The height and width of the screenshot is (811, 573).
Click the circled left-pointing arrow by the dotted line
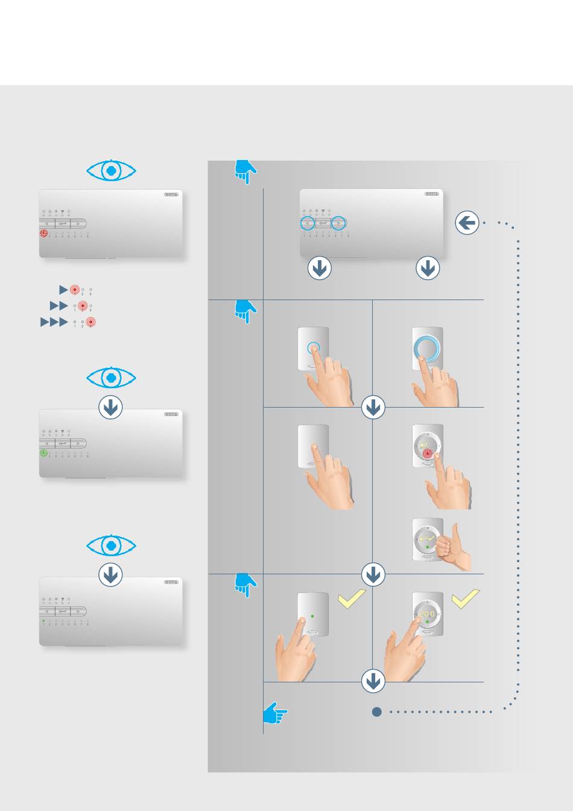(x=467, y=223)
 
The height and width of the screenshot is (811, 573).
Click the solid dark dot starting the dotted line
(x=377, y=712)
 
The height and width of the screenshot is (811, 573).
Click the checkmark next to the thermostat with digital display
(x=465, y=598)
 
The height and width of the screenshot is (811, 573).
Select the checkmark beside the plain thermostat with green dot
(x=352, y=598)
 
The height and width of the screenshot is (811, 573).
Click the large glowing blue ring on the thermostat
(x=427, y=349)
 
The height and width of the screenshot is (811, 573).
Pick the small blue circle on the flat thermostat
(x=313, y=348)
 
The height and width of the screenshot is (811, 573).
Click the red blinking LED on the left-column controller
(x=43, y=233)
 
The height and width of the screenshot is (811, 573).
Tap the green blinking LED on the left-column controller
(x=43, y=453)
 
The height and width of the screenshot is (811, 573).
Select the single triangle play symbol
(x=63, y=290)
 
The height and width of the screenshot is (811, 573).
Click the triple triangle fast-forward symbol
(x=54, y=322)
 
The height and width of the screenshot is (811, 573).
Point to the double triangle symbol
(x=59, y=306)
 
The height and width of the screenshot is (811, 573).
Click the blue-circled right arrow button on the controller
(x=339, y=223)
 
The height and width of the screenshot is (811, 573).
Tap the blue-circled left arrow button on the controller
(x=308, y=223)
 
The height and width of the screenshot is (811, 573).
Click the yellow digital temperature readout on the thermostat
(x=426, y=614)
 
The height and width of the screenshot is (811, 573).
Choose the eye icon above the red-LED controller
(x=111, y=171)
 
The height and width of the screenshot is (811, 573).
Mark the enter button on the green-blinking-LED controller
(x=63, y=443)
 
